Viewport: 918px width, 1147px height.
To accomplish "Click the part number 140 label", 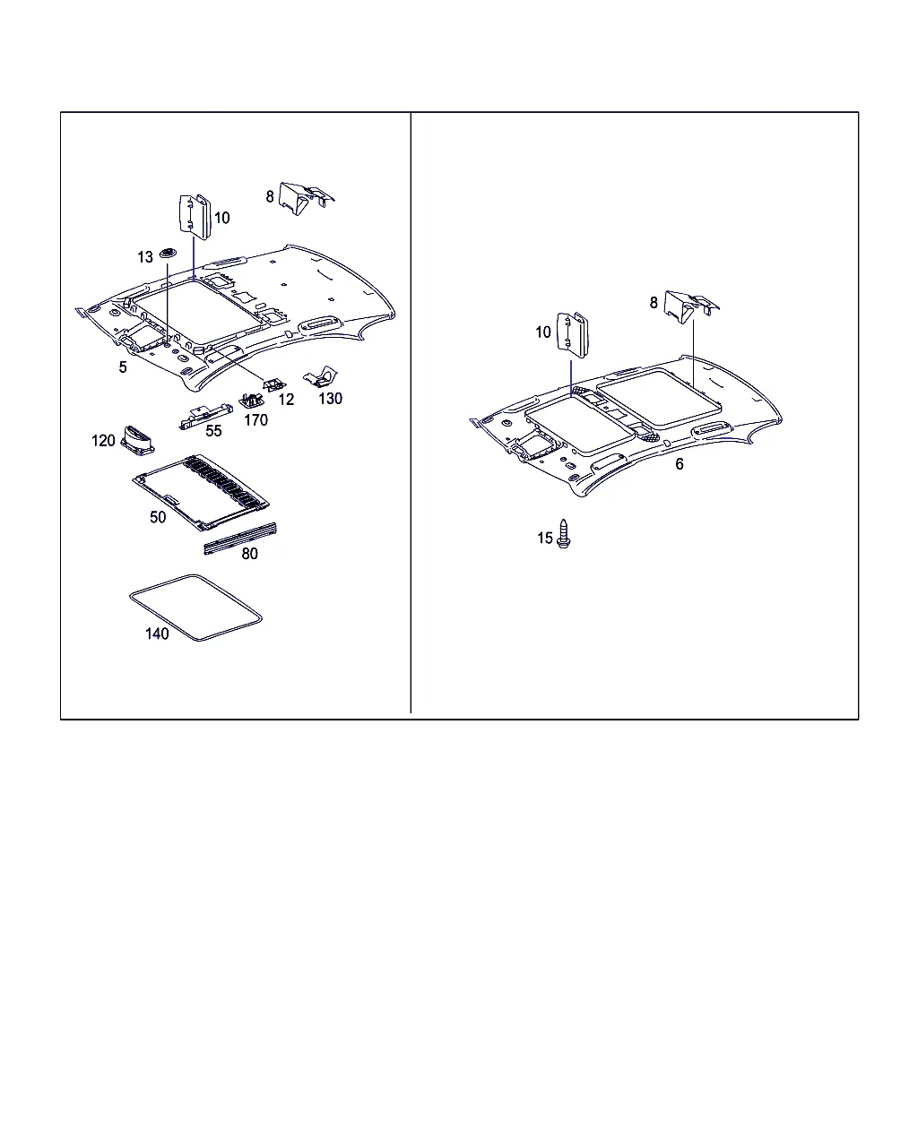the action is coord(157,634).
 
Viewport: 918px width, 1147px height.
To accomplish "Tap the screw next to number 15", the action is coord(563,533).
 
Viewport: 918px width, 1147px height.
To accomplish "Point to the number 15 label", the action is coord(544,538).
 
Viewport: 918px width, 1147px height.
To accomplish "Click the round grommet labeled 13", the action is coord(169,252).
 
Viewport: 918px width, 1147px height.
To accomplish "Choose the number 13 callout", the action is coord(145,257).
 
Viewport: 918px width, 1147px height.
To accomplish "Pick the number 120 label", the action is coord(103,440).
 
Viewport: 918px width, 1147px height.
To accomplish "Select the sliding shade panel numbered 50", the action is coord(201,492).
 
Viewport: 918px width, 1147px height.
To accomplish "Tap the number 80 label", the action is coord(249,554).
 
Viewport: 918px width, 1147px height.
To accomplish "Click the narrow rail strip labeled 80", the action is coord(240,539).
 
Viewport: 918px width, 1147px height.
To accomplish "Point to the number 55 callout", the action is coord(213,431).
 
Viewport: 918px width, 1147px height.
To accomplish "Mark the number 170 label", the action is coord(255,420).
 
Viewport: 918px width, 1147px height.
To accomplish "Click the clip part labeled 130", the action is coord(321,376).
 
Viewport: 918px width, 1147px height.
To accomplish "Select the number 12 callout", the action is coord(286,400).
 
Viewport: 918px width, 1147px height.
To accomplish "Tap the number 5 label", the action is coord(123,367).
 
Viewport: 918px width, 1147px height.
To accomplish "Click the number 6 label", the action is coord(679,463).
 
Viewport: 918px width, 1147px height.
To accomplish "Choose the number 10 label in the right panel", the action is coord(543,332).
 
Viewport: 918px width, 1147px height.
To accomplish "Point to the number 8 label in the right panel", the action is coord(654,303).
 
